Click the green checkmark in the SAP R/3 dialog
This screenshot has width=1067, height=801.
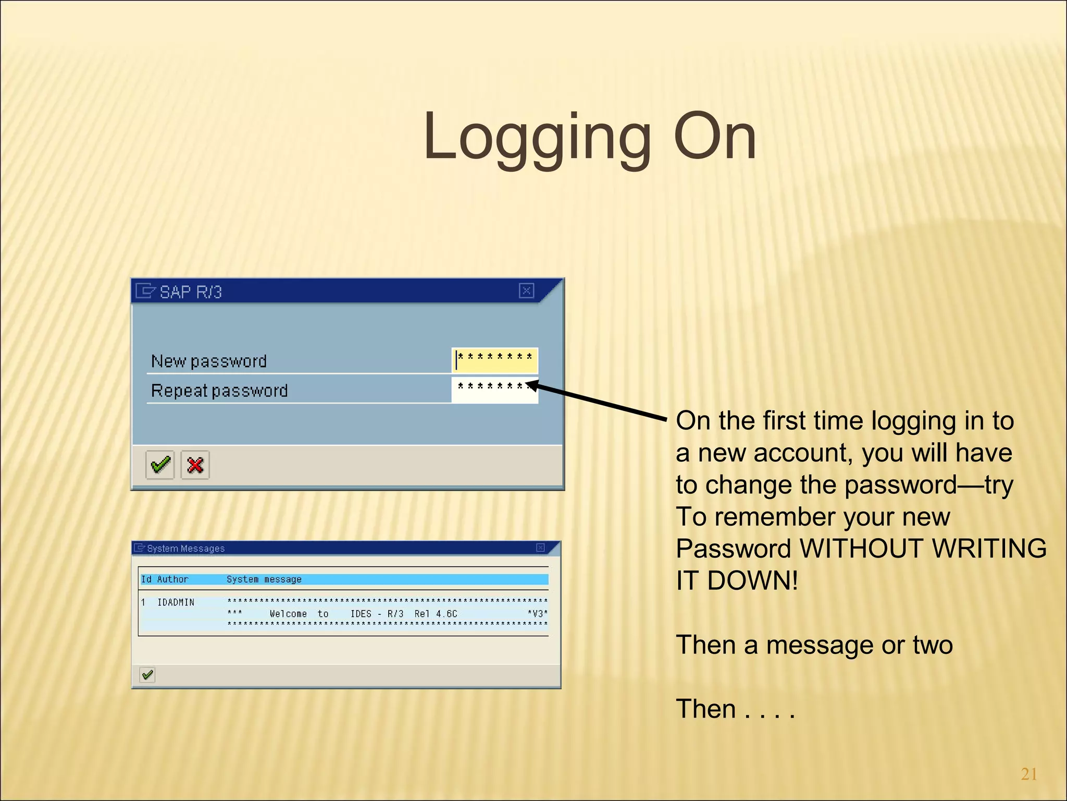(x=160, y=465)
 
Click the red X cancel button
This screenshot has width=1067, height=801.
(x=195, y=465)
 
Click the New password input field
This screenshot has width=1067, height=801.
(x=495, y=360)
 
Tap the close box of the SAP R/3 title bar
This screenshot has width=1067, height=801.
(x=527, y=290)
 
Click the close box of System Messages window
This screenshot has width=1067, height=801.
(x=540, y=548)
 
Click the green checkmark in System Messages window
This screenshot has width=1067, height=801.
(x=147, y=675)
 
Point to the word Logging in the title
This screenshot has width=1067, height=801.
(x=537, y=138)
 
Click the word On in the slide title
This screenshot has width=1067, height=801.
(x=715, y=138)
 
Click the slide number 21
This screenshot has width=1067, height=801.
(x=1028, y=774)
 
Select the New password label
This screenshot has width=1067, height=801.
(x=208, y=361)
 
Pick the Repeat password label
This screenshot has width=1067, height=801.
(x=219, y=391)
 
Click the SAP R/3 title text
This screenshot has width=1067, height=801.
(x=191, y=292)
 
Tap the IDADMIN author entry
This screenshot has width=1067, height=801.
(x=176, y=603)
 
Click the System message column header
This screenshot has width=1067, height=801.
(x=264, y=579)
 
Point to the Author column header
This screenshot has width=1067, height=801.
(x=172, y=579)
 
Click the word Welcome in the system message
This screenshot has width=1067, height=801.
(x=288, y=614)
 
